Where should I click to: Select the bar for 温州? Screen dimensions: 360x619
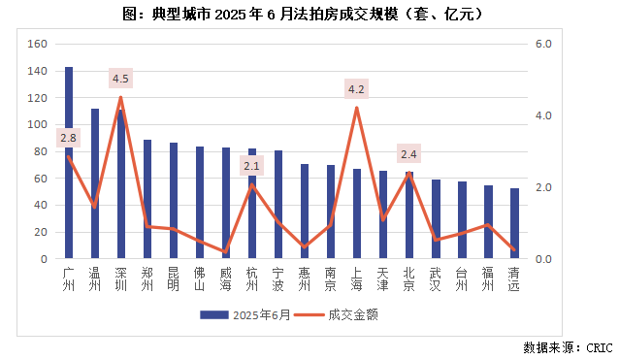coord(95,184)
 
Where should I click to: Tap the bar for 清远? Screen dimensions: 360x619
coord(514,224)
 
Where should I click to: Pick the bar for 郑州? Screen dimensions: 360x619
coord(147,200)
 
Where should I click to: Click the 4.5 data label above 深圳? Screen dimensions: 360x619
coord(121,79)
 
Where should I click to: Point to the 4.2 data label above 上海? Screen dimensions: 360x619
coord(356,90)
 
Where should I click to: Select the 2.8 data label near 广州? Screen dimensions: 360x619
coord(68,139)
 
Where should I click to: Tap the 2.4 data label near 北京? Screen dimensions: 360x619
coord(408,154)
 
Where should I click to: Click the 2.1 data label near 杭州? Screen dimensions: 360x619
coord(252,167)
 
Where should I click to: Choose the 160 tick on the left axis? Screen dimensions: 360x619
coord(38,45)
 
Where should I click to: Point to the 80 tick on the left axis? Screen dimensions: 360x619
coord(41,152)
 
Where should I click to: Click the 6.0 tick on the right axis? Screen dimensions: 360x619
coord(543,45)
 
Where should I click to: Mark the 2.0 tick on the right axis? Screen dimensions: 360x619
coord(543,188)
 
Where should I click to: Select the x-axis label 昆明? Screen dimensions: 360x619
coord(174,278)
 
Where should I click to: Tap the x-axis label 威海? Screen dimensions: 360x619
coord(226,278)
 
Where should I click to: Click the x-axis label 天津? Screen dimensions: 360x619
coord(383,278)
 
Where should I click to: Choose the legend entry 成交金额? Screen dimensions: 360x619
coord(336,314)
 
